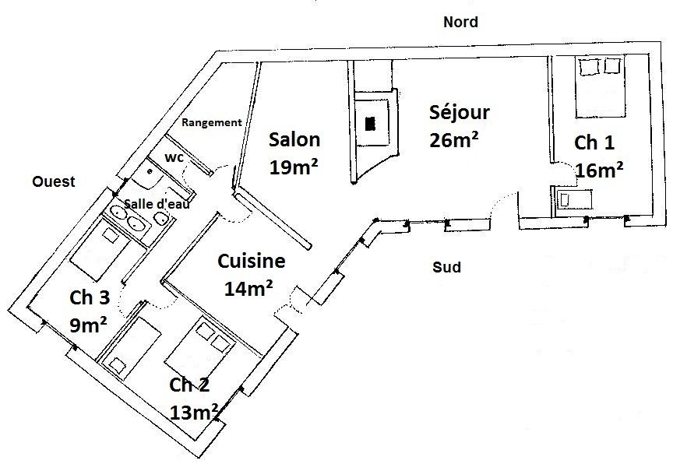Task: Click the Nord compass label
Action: pyautogui.click(x=460, y=22)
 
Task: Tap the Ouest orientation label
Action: pyautogui.click(x=54, y=182)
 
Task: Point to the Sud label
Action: pyautogui.click(x=447, y=267)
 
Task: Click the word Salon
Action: pyautogui.click(x=294, y=140)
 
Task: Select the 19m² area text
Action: pyautogui.click(x=294, y=167)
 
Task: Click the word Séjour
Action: pyautogui.click(x=460, y=111)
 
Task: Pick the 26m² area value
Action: pyautogui.click(x=453, y=140)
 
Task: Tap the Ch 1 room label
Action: pyautogui.click(x=594, y=142)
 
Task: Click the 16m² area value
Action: pyautogui.click(x=599, y=170)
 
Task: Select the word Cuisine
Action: pyautogui.click(x=252, y=261)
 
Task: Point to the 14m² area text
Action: pyautogui.click(x=248, y=289)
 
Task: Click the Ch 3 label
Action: pyautogui.click(x=90, y=297)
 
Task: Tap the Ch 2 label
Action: pyautogui.click(x=189, y=385)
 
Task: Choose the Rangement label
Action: pyautogui.click(x=212, y=123)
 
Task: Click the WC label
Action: pyautogui.click(x=174, y=158)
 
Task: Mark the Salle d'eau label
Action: pyautogui.click(x=157, y=204)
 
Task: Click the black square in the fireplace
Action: pyautogui.click(x=370, y=124)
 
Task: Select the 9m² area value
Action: pyautogui.click(x=88, y=325)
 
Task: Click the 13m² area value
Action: pyautogui.click(x=194, y=413)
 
